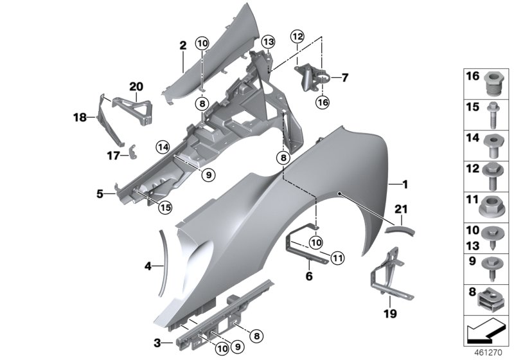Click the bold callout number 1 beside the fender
pos(405,184)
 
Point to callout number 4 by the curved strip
pos(148,265)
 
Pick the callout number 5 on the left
pos(100,193)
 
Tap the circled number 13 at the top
pos(267,42)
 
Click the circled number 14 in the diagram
pos(162,148)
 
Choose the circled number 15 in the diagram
pos(165,207)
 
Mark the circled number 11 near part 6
pos(337,258)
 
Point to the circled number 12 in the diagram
pos(296,36)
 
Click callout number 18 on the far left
pos(80,118)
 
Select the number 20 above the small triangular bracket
pos(136,86)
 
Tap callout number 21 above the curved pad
pos(401,208)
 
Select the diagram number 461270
pos(487,352)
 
